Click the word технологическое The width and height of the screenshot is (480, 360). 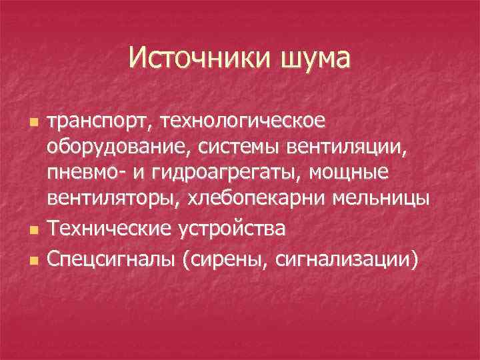tap(253, 123)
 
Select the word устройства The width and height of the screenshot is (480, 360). tap(234, 229)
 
